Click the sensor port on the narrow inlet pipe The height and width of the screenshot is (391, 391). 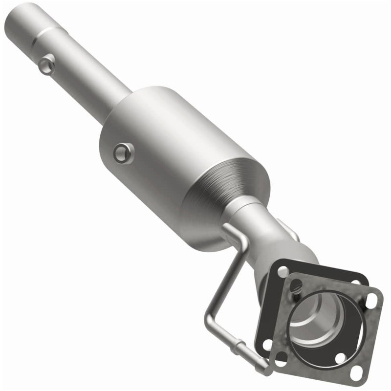tap(47, 64)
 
